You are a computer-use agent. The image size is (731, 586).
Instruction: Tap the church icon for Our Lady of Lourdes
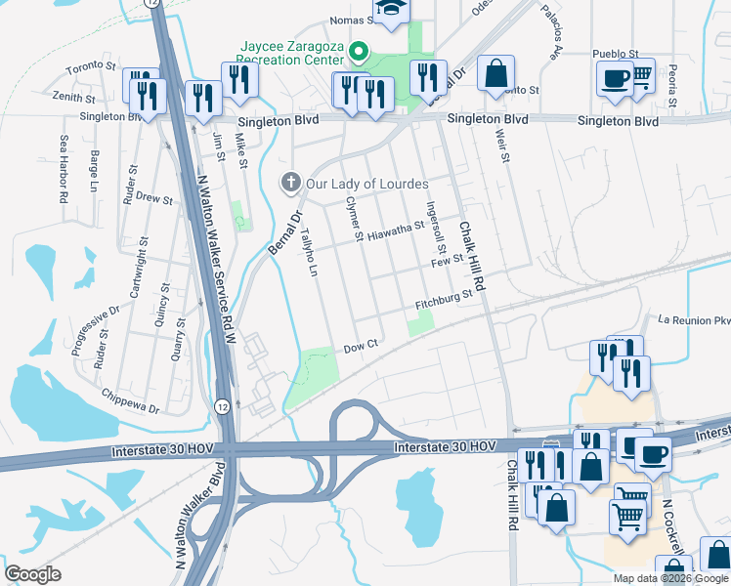289,182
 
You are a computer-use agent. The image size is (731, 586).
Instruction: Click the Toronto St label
91,68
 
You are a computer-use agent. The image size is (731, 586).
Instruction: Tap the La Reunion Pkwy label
694,320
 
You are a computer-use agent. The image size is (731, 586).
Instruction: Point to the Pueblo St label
615,54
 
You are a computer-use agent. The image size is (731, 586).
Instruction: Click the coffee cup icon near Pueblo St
614,78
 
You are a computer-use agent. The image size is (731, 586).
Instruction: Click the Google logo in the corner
32,574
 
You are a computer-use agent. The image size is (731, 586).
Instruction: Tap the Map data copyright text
669,578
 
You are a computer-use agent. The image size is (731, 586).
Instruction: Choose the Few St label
446,263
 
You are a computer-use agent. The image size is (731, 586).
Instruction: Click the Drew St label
153,198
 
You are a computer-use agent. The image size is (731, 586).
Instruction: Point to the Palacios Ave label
553,29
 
